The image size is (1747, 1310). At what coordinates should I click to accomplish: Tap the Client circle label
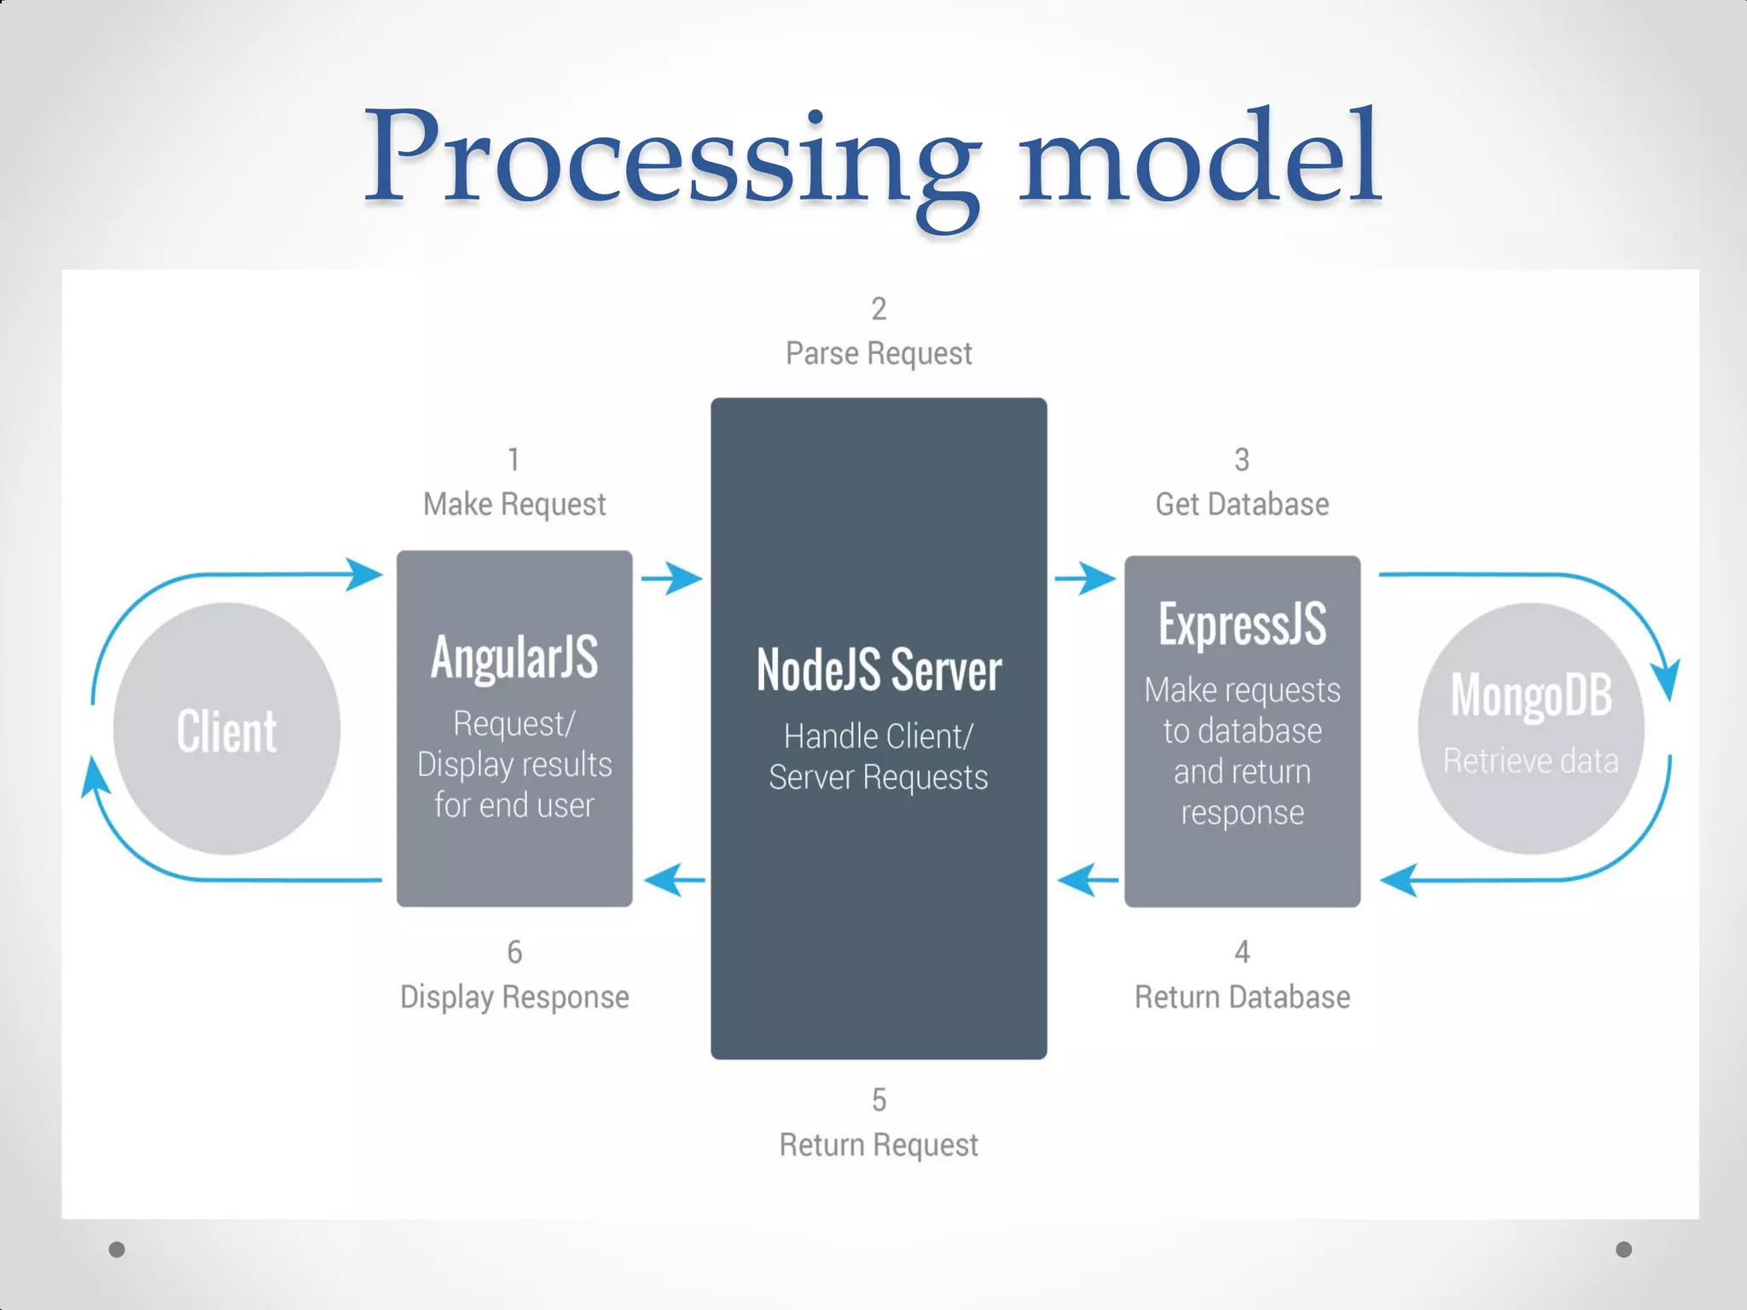(x=227, y=731)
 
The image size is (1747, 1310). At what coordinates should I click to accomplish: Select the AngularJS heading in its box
(x=514, y=657)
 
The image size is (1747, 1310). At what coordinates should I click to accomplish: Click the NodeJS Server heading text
(x=879, y=670)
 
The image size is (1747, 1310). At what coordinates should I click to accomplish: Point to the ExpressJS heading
(x=1242, y=623)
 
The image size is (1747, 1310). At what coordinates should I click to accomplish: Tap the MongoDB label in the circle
(x=1531, y=695)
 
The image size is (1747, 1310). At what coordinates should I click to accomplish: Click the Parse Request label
(x=879, y=353)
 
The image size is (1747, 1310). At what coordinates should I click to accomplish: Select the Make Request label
(x=514, y=504)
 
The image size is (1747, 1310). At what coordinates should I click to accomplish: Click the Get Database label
(x=1242, y=504)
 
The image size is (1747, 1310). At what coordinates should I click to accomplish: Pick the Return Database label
(x=1242, y=997)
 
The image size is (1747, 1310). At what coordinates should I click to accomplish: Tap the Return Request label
(x=879, y=1145)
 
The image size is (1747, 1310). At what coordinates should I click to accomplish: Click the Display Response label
(x=514, y=997)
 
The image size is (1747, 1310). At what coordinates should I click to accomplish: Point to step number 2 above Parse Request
(x=879, y=309)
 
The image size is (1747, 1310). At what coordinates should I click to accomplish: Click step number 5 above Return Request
(x=879, y=1100)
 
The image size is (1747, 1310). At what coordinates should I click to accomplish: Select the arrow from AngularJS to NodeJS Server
(x=672, y=578)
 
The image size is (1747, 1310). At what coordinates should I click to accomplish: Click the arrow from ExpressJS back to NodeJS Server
(x=1087, y=879)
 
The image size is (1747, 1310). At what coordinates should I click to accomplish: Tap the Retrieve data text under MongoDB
(x=1531, y=761)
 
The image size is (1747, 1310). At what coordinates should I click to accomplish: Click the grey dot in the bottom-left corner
(x=117, y=1249)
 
